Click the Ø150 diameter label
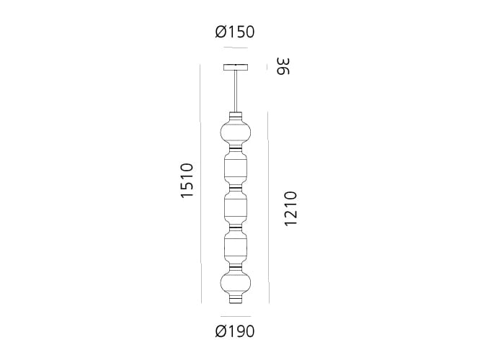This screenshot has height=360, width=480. click(x=235, y=32)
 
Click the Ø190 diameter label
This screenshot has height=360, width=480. click(x=235, y=332)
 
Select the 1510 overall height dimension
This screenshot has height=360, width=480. click(x=187, y=181)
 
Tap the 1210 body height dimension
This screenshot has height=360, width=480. click(x=290, y=209)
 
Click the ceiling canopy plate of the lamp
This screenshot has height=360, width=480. click(x=235, y=68)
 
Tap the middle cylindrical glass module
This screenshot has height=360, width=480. click(x=235, y=206)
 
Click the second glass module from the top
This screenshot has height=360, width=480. click(x=235, y=168)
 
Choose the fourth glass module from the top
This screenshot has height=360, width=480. click(x=235, y=244)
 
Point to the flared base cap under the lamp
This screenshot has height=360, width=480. click(x=235, y=300)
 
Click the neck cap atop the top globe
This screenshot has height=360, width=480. click(x=235, y=116)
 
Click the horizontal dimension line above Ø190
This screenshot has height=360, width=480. click(x=235, y=316)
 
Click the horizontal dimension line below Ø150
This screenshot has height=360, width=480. click(x=235, y=48)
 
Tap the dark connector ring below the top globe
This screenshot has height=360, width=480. click(x=235, y=149)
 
